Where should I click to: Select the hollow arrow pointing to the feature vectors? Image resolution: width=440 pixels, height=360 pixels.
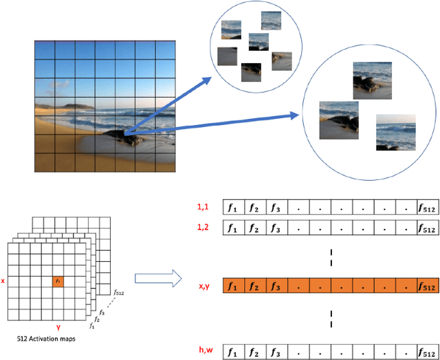pos(157,278)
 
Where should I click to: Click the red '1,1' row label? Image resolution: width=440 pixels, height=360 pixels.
pos(204,205)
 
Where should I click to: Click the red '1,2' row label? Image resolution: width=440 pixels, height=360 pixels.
pos(204,227)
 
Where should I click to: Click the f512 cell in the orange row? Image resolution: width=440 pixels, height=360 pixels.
pos(426,286)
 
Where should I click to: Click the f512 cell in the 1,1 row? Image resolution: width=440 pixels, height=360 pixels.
pos(426,207)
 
